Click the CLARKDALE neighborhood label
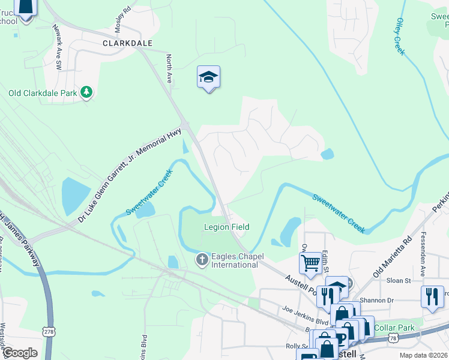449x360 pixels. (127, 43)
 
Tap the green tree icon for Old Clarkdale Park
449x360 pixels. (88, 92)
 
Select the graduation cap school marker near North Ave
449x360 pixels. (208, 77)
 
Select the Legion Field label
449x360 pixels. (226, 227)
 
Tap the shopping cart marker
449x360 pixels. (310, 262)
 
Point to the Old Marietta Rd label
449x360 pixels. (392, 257)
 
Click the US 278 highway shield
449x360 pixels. (48, 331)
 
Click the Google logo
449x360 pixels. (20, 353)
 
